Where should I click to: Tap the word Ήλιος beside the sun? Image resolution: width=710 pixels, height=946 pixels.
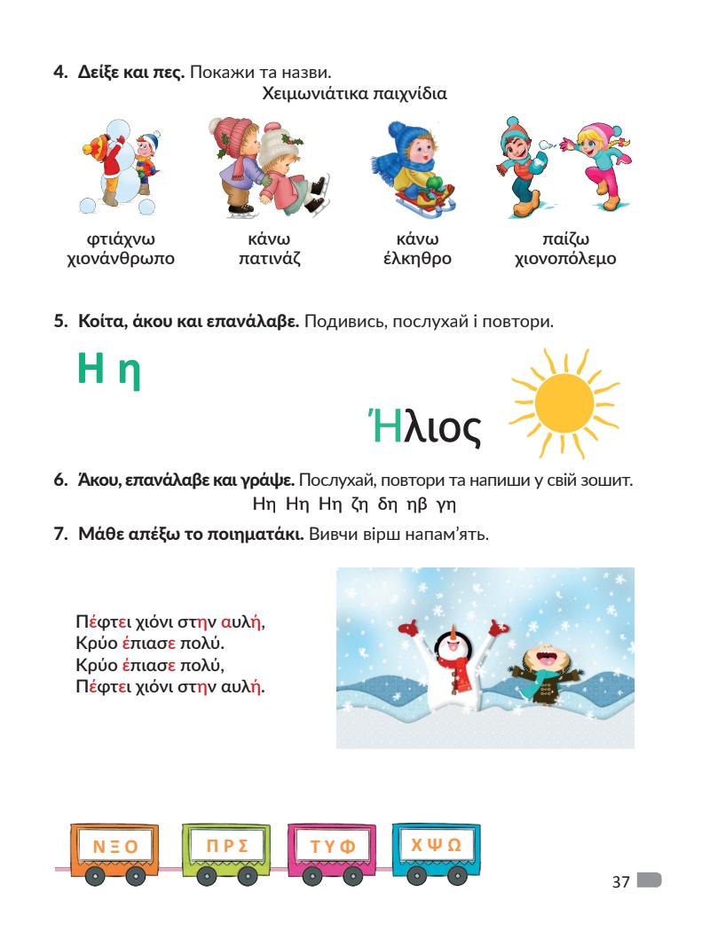[424, 428]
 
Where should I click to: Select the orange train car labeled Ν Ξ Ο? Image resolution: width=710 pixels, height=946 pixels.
[115, 847]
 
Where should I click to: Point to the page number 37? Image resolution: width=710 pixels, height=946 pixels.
[620, 882]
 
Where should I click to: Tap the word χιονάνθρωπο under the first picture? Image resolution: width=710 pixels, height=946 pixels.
[121, 259]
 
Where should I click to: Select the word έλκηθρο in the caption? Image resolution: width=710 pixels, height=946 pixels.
[417, 259]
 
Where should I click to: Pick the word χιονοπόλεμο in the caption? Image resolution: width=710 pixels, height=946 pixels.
[565, 259]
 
